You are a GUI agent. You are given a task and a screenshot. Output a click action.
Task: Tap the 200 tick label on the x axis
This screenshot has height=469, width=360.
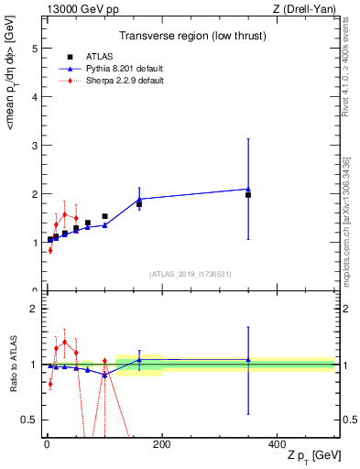[161, 443]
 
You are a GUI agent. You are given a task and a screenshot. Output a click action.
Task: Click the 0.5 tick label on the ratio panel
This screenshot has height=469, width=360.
[30, 420]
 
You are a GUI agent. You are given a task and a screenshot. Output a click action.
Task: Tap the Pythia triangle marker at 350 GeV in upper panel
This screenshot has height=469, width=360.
[248, 189]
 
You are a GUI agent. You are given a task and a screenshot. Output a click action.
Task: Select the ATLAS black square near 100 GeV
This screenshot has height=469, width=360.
[104, 216]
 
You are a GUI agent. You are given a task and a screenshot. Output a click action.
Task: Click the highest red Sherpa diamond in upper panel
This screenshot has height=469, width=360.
[64, 214]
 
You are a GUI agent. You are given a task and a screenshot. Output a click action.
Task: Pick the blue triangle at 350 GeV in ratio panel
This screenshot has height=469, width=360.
[248, 359]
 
